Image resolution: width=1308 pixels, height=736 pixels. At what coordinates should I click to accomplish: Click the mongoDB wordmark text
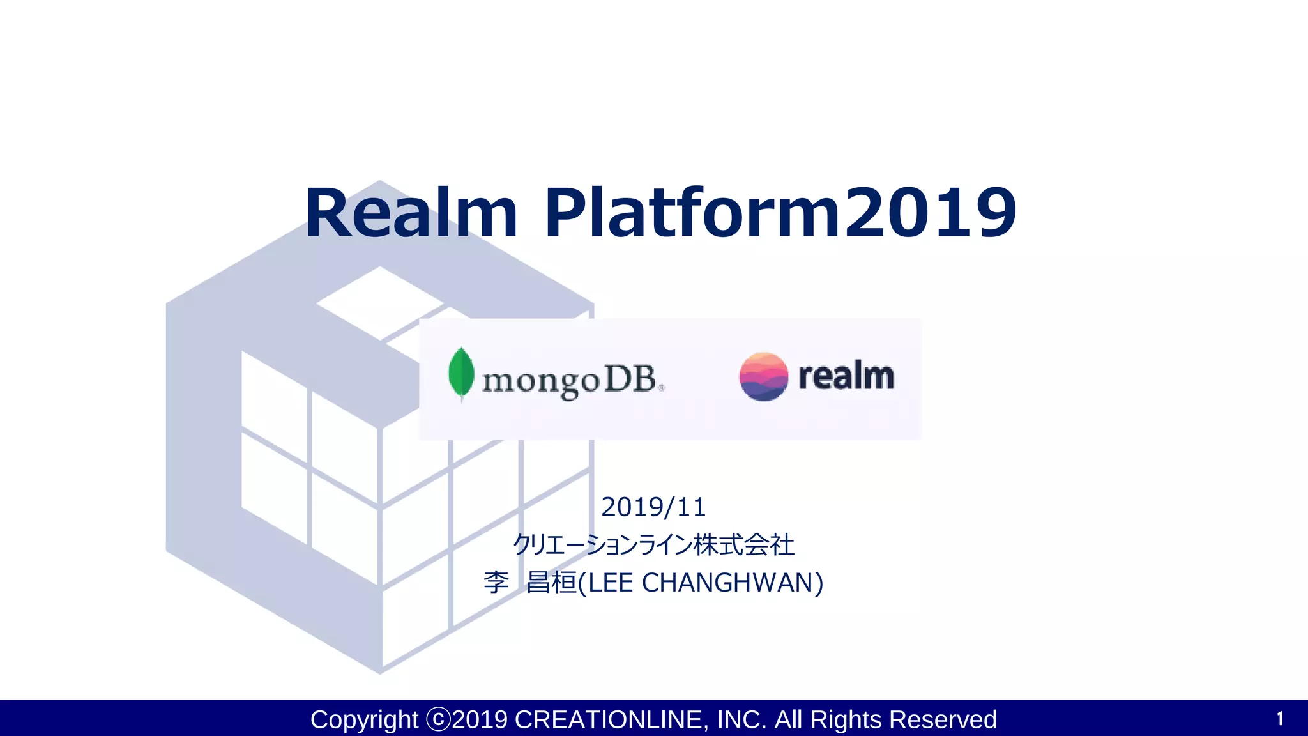[570, 380]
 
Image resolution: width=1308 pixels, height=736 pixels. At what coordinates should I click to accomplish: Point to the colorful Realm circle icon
[763, 376]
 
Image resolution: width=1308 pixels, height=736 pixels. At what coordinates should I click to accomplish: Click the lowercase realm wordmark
[846, 376]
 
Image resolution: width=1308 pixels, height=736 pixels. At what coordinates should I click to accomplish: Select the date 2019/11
[653, 507]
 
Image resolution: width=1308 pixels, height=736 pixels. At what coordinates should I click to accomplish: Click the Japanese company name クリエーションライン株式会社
[653, 545]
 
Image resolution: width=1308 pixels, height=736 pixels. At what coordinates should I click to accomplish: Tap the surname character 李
[496, 583]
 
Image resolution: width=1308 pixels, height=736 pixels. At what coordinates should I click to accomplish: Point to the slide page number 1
[1280, 719]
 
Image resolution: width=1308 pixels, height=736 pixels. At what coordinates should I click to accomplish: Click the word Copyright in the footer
[364, 720]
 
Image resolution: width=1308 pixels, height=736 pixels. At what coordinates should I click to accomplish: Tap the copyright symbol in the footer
[438, 720]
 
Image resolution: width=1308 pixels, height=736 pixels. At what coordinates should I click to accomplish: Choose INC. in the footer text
[741, 720]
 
